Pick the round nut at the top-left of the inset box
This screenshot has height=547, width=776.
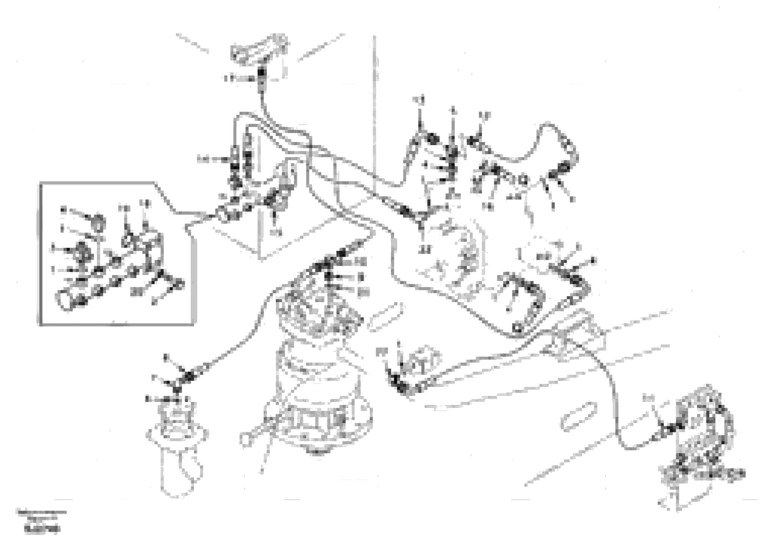point(98,222)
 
